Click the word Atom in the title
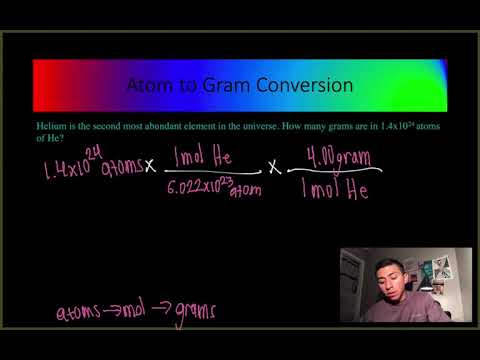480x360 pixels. (x=149, y=86)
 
